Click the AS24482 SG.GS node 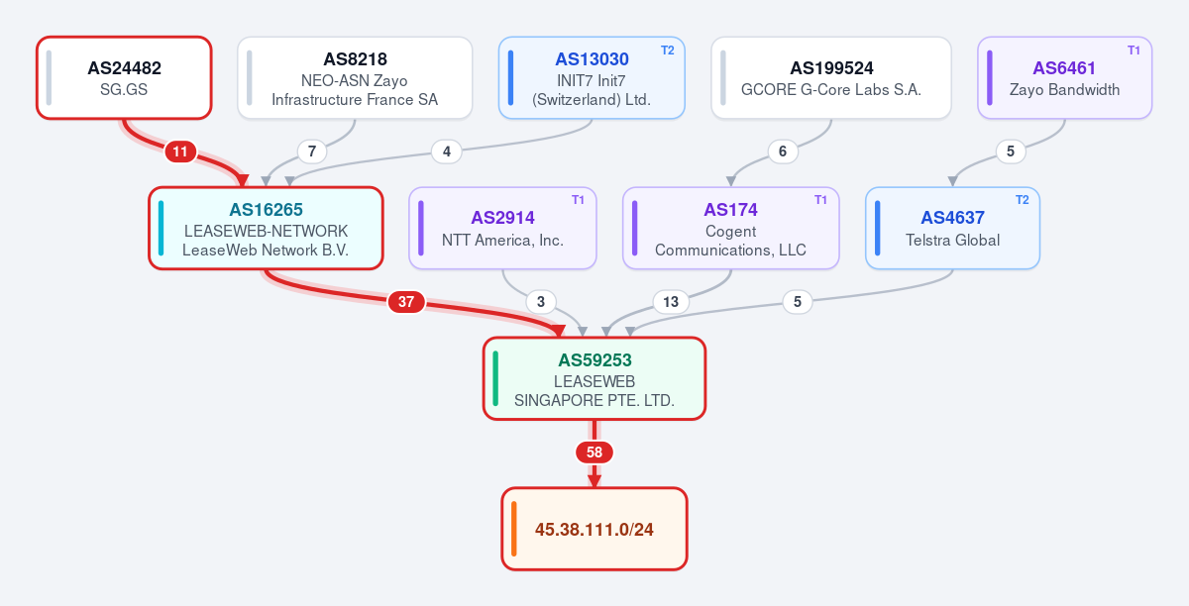coord(124,78)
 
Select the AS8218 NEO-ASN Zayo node coord(355,78)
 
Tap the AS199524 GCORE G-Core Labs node coord(830,78)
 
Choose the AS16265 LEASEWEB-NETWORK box coord(266,228)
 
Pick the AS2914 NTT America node coord(502,228)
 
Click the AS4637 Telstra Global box coord(952,228)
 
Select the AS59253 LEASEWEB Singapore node coord(594,378)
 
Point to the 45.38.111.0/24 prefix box coord(594,529)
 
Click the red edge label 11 coord(180,151)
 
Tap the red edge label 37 coord(406,302)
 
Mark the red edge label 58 coord(594,453)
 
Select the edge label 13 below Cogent coord(671,302)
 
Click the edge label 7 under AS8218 coord(312,151)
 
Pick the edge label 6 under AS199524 coord(783,151)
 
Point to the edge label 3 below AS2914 coord(541,302)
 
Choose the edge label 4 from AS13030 coord(447,151)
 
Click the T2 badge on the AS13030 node coord(667,50)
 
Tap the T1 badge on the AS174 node coord(820,200)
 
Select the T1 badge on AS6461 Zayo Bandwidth coord(1134,50)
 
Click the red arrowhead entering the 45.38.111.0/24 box coord(594,481)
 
